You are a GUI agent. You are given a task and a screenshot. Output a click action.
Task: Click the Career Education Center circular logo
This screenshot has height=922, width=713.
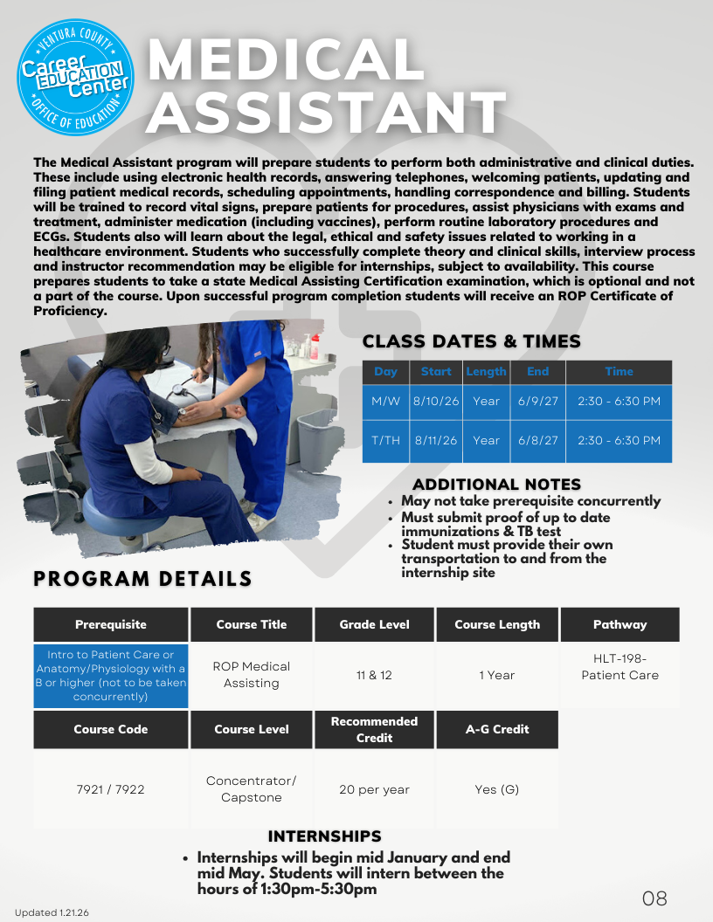coord(75,78)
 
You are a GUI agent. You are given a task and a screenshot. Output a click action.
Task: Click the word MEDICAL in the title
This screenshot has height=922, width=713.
coord(286,60)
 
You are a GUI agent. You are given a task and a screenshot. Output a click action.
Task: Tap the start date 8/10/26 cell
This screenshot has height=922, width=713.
coord(436,402)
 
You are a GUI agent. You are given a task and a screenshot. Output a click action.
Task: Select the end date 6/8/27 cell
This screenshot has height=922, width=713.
coord(537,441)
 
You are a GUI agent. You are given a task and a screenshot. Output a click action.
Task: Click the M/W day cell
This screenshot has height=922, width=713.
coord(385,402)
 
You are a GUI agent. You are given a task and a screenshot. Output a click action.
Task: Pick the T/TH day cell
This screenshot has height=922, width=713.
coord(385,441)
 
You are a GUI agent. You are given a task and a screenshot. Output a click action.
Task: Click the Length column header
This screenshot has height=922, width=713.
coord(486,371)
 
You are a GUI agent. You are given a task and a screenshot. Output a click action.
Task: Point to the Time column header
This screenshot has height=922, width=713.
coord(619,371)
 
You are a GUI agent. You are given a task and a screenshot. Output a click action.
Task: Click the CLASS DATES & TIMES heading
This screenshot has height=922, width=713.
coord(471,341)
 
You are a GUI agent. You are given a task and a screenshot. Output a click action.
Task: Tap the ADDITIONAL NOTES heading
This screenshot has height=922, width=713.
coord(496,485)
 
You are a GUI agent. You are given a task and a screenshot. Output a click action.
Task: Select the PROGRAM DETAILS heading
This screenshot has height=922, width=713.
coord(142,579)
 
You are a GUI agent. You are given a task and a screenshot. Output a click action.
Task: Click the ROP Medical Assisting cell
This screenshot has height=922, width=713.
coord(252,675)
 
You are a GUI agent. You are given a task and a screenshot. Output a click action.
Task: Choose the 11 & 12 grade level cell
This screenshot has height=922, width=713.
coord(375,675)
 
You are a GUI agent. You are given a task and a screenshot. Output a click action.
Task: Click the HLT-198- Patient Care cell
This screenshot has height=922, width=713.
coord(620,667)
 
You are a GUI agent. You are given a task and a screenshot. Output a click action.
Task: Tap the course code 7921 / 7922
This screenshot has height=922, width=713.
coord(111,789)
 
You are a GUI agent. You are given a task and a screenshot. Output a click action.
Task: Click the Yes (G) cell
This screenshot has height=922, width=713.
coord(497,789)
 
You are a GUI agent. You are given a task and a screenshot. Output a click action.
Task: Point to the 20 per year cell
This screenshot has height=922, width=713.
coord(375,789)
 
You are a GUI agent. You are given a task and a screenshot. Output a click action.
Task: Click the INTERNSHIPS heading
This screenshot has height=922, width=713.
coord(324,836)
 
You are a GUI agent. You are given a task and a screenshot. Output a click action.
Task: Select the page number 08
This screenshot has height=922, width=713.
coord(654,898)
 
